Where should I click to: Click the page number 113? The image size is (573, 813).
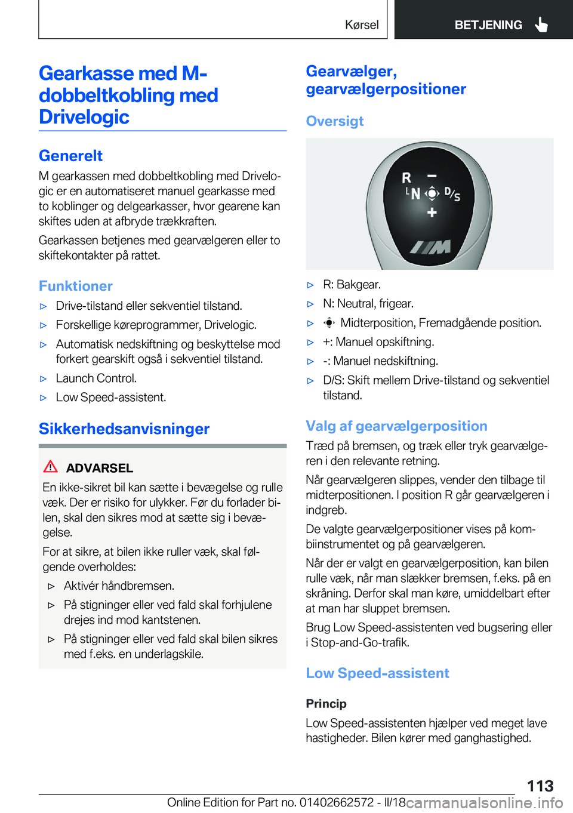[540, 786]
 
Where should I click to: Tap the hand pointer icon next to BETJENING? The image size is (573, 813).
[541, 24]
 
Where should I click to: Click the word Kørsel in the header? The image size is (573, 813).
[362, 25]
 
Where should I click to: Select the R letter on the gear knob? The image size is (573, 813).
[406, 178]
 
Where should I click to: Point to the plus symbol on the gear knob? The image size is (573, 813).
[432, 212]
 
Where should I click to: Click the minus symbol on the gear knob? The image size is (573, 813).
[432, 176]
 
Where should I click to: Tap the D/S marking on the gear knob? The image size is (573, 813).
[452, 194]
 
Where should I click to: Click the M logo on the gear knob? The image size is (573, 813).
[430, 247]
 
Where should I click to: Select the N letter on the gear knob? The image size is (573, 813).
[415, 194]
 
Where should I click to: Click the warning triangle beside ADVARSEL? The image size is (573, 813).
[51, 467]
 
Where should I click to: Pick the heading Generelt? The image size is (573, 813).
[70, 156]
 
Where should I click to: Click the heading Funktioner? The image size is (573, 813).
[76, 286]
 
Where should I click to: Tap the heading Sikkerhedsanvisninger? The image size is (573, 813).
[124, 429]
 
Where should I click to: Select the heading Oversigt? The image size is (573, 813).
[334, 121]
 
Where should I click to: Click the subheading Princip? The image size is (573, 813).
[326, 703]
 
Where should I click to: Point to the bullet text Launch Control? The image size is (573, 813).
[96, 378]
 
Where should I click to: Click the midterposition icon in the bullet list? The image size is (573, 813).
[329, 323]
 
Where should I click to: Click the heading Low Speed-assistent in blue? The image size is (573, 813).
[377, 673]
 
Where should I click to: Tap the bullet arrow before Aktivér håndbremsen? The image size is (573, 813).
[51, 586]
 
